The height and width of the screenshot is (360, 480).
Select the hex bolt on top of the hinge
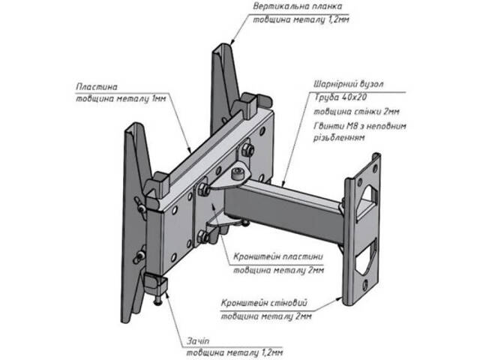237,174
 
